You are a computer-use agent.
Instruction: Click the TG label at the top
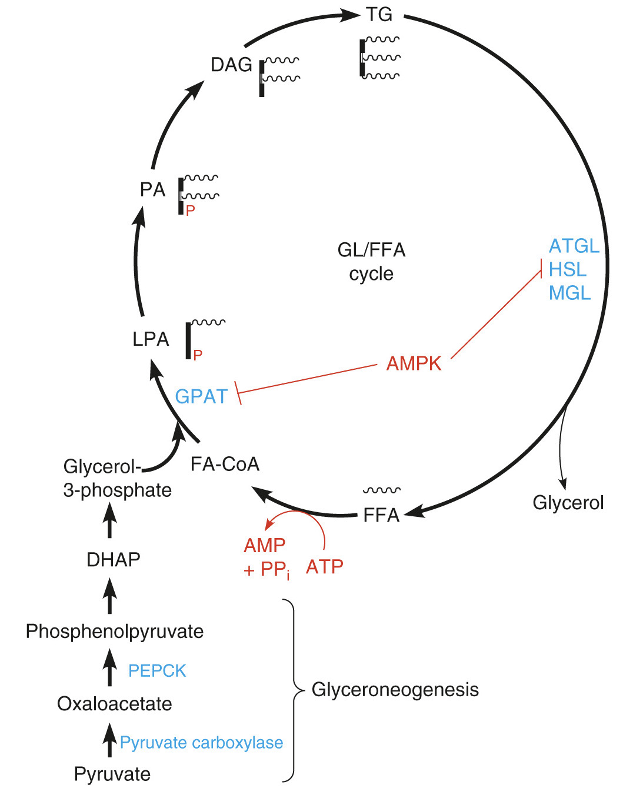click(x=379, y=15)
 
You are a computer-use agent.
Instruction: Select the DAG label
click(x=231, y=65)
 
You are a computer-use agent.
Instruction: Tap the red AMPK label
click(x=414, y=363)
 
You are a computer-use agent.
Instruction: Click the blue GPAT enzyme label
click(x=201, y=396)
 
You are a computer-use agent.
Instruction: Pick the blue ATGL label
click(x=574, y=246)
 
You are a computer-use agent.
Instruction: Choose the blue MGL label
click(x=569, y=293)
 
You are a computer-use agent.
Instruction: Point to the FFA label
click(x=381, y=515)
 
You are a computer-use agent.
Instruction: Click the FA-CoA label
click(x=225, y=464)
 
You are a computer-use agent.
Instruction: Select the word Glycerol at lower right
click(x=568, y=503)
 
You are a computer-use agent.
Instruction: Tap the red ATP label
click(x=325, y=566)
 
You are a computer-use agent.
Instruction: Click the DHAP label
click(x=113, y=559)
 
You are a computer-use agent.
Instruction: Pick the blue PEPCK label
click(x=157, y=670)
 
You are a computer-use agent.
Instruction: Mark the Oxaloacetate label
click(x=114, y=703)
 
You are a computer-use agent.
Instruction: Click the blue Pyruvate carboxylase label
click(x=201, y=743)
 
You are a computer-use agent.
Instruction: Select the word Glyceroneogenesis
click(x=395, y=689)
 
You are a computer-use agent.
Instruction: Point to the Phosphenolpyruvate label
click(x=115, y=631)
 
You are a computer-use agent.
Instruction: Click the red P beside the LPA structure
click(x=198, y=355)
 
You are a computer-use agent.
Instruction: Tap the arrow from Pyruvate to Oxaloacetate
click(x=109, y=740)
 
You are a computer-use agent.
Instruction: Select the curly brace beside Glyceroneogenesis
click(x=292, y=690)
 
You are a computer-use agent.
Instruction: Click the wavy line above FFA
click(x=381, y=490)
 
